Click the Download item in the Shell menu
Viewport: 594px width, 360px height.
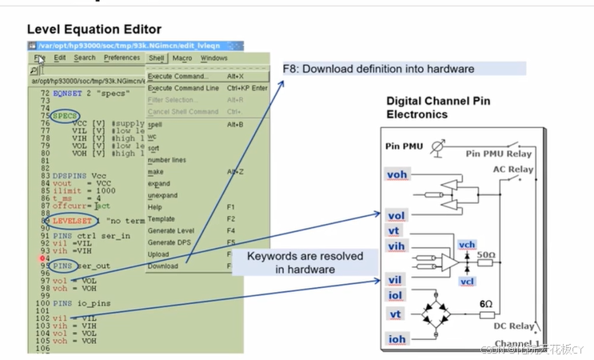(163, 266)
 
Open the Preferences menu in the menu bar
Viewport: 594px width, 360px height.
(122, 58)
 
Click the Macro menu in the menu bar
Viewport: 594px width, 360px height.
(181, 58)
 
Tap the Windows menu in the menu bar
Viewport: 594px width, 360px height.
(213, 58)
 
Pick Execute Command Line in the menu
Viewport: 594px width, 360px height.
(183, 88)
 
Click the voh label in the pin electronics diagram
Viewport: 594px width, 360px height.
(397, 175)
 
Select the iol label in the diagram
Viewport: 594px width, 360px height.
(396, 296)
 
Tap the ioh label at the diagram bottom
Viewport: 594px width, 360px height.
(397, 339)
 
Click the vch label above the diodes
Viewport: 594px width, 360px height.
(467, 245)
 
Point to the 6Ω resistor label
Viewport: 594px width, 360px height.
(486, 304)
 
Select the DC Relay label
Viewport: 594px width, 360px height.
(512, 326)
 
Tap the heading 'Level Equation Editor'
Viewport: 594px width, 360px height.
(94, 29)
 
